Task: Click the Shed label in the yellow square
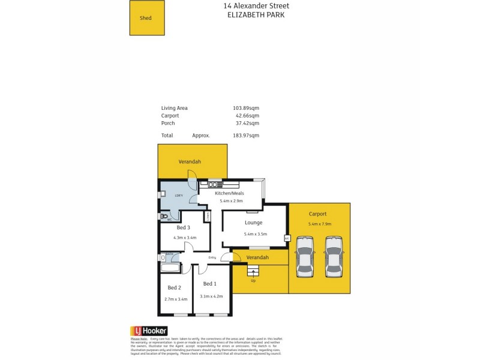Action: pos(146,18)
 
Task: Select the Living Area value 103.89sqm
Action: pos(246,108)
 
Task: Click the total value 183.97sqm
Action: pos(246,136)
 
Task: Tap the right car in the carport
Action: pos(334,256)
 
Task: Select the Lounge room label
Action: pos(254,223)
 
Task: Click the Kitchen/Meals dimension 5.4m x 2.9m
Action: pos(232,201)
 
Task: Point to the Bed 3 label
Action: pos(184,227)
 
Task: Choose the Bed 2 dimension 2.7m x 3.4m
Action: pos(176,299)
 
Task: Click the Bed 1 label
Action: pos(210,283)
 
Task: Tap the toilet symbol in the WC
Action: pos(164,216)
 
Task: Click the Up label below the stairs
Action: pos(253,280)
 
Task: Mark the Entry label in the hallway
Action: pos(212,258)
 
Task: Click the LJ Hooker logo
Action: pos(149,331)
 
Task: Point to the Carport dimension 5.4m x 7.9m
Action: pos(319,224)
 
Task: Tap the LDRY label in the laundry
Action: pos(178,196)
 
